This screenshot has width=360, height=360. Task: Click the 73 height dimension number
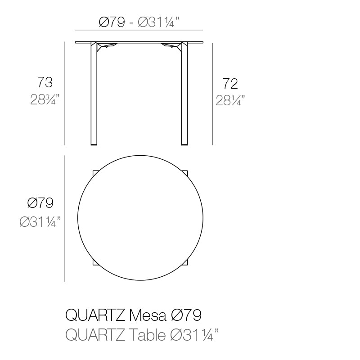[45, 82]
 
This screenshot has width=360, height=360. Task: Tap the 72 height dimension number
[230, 84]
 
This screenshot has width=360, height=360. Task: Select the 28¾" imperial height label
[45, 99]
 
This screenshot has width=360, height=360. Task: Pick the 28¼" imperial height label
[230, 100]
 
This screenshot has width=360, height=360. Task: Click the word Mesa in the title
[148, 315]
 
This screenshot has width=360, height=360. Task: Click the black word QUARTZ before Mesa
[95, 315]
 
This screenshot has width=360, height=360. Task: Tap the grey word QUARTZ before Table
[95, 335]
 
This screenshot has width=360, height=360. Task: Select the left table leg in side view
[94, 94]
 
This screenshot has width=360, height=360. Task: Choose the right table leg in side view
[184, 94]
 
